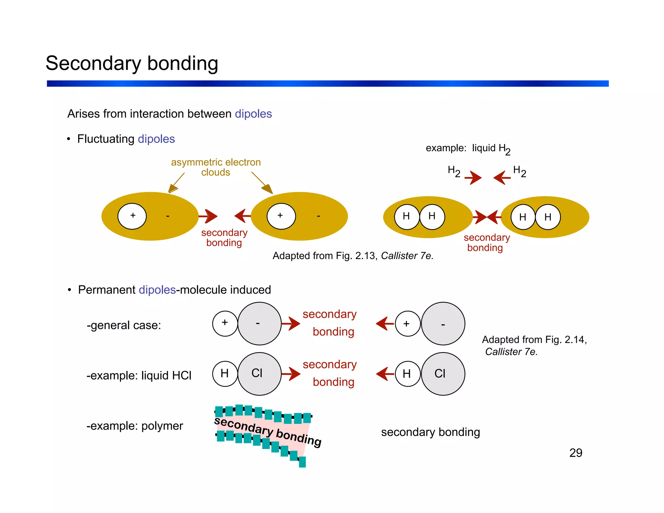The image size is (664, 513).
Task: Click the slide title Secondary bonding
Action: click(x=132, y=63)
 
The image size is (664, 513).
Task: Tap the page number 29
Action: click(x=575, y=453)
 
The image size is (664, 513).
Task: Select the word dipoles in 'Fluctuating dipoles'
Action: click(x=156, y=139)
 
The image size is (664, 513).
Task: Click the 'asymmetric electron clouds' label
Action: click(x=216, y=167)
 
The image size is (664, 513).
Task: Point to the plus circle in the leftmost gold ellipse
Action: click(x=132, y=216)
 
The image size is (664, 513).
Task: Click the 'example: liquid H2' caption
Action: click(x=468, y=149)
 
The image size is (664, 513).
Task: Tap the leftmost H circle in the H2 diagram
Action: click(x=407, y=217)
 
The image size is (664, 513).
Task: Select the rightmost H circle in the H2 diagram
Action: click(x=548, y=217)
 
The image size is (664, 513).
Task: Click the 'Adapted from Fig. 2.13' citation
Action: click(x=353, y=256)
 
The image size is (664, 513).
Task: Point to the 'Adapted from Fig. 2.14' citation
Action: click(x=534, y=345)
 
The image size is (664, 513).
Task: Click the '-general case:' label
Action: click(x=124, y=325)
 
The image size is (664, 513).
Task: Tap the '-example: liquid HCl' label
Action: click(x=139, y=376)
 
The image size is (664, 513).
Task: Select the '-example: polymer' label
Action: click(x=135, y=426)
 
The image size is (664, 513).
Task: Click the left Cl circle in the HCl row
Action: click(x=259, y=374)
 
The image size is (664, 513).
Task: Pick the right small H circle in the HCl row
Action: click(x=407, y=374)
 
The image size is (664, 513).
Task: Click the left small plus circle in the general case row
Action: click(x=225, y=323)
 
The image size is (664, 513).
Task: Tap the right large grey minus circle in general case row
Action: click(x=443, y=324)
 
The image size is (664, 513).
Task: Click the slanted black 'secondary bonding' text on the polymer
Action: click(x=268, y=431)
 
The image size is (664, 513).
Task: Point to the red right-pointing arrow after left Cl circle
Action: click(x=291, y=374)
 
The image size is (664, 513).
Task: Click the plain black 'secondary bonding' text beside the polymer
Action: click(x=430, y=432)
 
